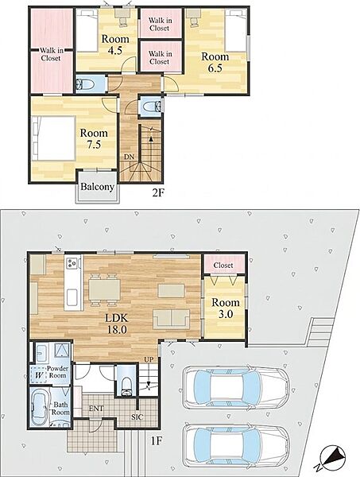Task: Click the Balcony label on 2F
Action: (97, 187)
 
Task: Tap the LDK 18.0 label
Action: (117, 324)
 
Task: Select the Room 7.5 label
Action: (94, 138)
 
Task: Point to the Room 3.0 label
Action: (226, 308)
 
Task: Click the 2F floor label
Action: (158, 193)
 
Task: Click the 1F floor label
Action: (157, 440)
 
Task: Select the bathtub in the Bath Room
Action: (40, 407)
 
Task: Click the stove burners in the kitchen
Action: (72, 263)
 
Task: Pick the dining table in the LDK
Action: (104, 289)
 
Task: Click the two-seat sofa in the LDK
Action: (172, 319)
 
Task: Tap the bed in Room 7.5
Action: (53, 138)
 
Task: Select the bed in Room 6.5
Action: (236, 30)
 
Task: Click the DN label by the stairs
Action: (129, 157)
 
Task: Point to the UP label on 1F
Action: (149, 359)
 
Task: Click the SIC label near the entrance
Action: (137, 417)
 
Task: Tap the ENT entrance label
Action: (96, 409)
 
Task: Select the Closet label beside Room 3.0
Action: (223, 266)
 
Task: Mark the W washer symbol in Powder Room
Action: (39, 375)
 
